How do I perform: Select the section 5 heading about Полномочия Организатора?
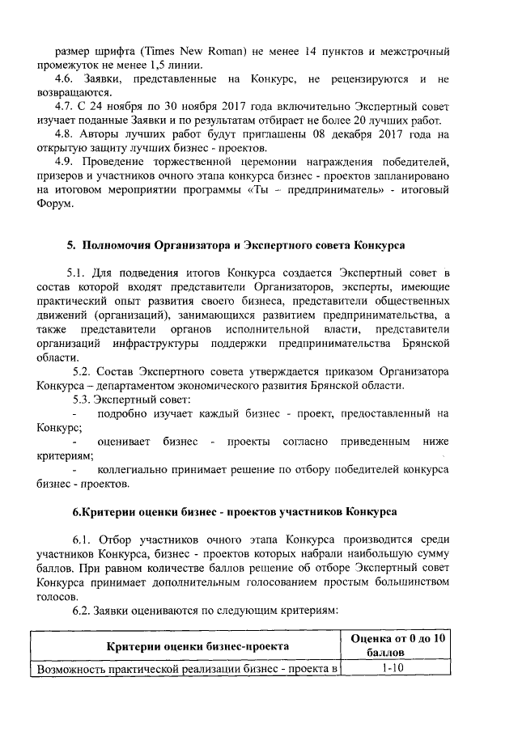click(236, 244)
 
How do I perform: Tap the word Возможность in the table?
click(69, 668)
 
